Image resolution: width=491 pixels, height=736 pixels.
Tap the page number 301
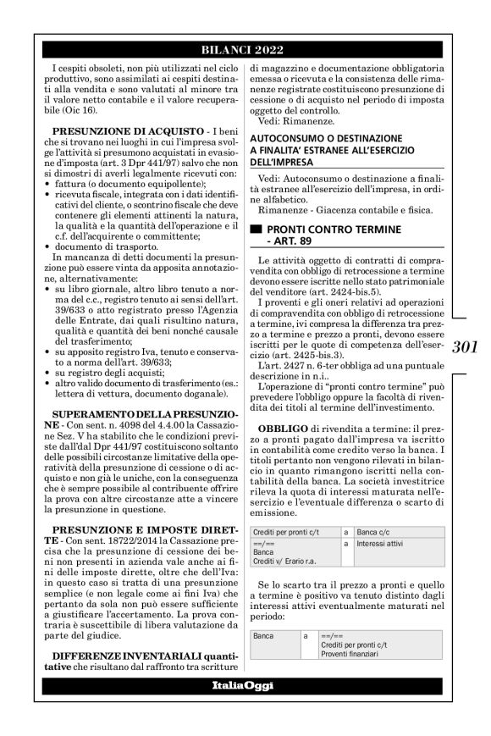pos(466,346)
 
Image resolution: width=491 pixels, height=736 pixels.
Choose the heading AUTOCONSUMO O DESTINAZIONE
pos(326,136)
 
